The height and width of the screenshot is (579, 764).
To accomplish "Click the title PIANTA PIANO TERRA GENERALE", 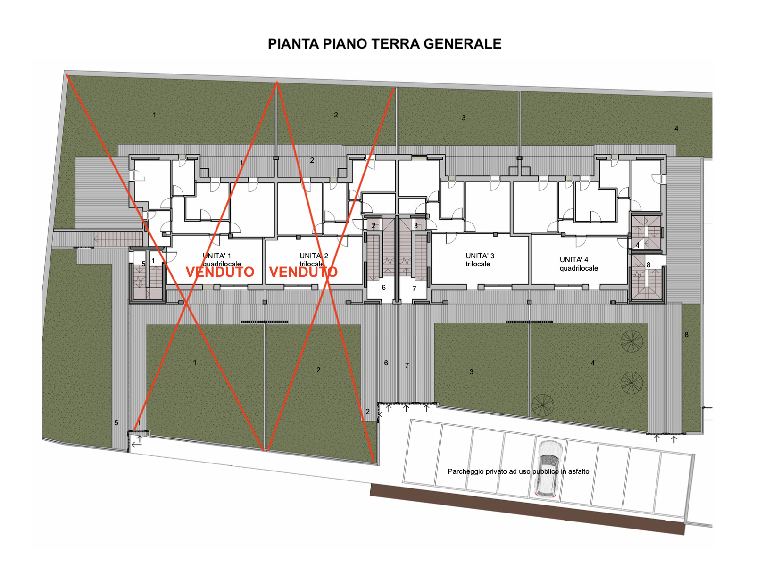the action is pyautogui.click(x=384, y=44).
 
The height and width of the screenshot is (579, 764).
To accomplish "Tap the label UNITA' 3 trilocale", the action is pyautogui.click(x=480, y=260).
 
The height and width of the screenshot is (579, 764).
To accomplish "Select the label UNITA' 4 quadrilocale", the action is pyautogui.click(x=579, y=264).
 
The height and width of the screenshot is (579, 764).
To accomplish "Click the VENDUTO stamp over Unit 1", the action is pyautogui.click(x=220, y=272).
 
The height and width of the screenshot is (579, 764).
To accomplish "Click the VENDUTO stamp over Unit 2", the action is pyautogui.click(x=304, y=272).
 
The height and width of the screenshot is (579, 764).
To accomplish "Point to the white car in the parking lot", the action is pyautogui.click(x=548, y=468).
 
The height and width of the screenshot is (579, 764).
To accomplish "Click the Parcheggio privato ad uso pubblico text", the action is pyautogui.click(x=518, y=471).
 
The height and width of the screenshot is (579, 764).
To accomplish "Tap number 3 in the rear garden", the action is pyautogui.click(x=463, y=117).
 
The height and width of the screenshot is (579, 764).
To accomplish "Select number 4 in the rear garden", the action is pyautogui.click(x=676, y=128).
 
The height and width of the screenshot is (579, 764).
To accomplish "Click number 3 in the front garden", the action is pyautogui.click(x=471, y=372).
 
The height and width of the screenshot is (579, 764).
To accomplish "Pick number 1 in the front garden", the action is pyautogui.click(x=195, y=362).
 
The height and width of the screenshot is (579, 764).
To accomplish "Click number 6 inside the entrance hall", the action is pyautogui.click(x=383, y=288).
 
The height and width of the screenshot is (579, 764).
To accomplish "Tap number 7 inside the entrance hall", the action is pyautogui.click(x=414, y=289).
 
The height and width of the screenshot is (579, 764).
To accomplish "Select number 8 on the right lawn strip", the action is pyautogui.click(x=686, y=334).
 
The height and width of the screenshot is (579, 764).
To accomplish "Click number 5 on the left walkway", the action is pyautogui.click(x=116, y=422).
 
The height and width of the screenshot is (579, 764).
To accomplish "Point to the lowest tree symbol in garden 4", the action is pyautogui.click(x=542, y=405).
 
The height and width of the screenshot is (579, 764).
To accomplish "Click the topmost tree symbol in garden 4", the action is pyautogui.click(x=631, y=341).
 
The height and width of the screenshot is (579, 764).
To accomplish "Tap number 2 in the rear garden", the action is pyautogui.click(x=336, y=115).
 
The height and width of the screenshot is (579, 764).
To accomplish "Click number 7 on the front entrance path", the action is pyautogui.click(x=407, y=365).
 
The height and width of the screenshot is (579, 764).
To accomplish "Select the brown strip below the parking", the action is pyautogui.click(x=527, y=509).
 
